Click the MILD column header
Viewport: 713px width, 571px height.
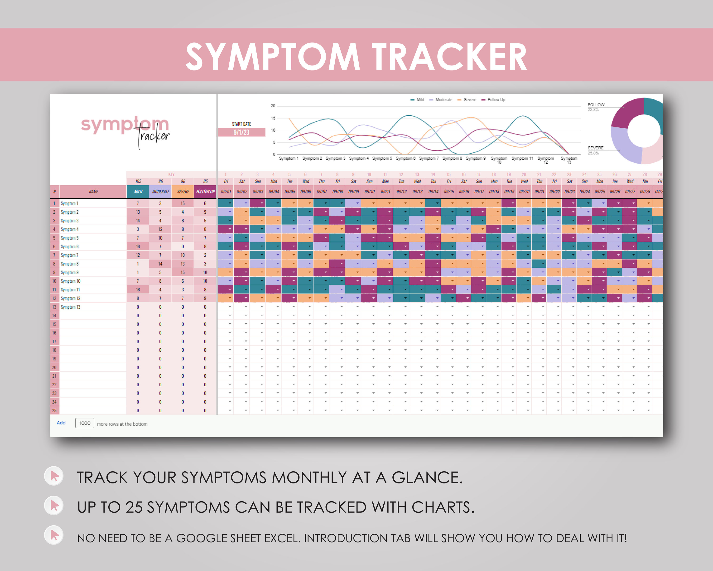coord(138,192)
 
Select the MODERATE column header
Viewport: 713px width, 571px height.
coord(160,192)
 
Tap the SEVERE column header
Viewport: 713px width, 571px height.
coord(183,192)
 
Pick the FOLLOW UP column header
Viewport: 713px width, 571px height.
coord(205,192)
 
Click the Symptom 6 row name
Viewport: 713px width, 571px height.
coord(70,247)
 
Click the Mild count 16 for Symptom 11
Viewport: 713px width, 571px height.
coord(138,290)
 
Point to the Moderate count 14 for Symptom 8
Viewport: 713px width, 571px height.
coord(160,264)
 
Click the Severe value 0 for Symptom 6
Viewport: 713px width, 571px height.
coord(183,247)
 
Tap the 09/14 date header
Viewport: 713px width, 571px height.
coord(433,192)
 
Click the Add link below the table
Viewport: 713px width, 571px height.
coord(61,423)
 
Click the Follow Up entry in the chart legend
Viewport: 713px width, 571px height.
coord(496,100)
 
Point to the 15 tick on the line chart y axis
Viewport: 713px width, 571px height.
coord(273,118)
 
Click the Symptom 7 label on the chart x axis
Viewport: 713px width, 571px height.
coord(429,158)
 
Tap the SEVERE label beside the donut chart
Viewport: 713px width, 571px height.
coord(595,148)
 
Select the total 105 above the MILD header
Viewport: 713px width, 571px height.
coord(138,181)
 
